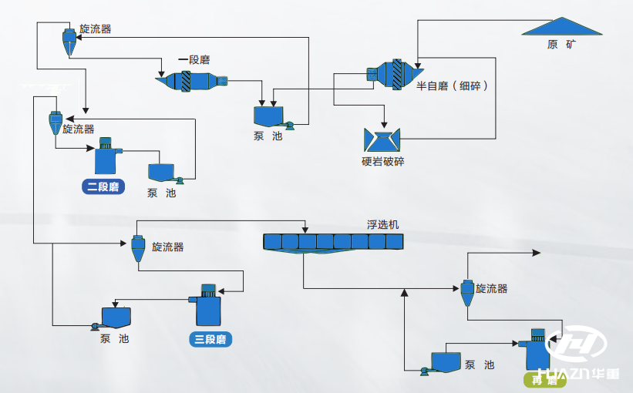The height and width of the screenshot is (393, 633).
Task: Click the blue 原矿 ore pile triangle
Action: tap(561, 27)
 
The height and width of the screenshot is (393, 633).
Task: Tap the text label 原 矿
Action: tap(561, 45)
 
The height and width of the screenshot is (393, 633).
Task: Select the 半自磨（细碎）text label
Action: tap(452, 86)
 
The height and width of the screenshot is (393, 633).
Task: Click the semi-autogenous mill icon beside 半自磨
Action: tap(389, 74)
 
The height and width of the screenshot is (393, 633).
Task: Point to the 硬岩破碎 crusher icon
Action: tap(381, 139)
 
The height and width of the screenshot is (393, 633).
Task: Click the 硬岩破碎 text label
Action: tap(382, 162)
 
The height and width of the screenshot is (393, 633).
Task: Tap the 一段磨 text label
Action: tap(194, 60)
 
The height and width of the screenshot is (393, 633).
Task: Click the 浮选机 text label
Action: tap(383, 225)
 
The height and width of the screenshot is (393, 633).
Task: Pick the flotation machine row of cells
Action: tap(333, 242)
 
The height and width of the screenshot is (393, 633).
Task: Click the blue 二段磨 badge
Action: tap(103, 186)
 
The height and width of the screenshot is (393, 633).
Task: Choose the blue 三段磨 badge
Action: tap(210, 339)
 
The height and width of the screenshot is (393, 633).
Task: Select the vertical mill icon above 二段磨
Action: tap(105, 156)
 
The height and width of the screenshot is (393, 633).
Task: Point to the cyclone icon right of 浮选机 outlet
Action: tap(466, 291)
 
